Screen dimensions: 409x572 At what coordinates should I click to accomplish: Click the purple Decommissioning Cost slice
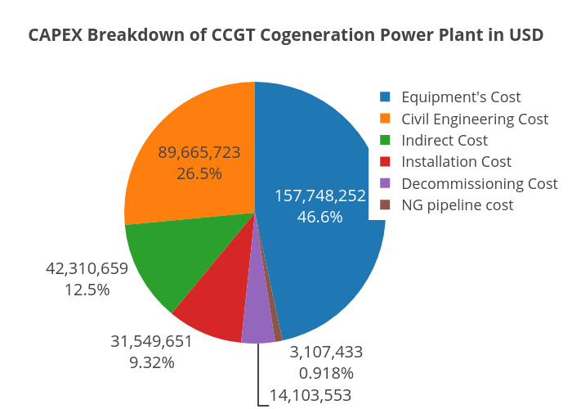coord(257,327)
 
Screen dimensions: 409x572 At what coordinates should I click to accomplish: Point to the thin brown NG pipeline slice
coord(277,331)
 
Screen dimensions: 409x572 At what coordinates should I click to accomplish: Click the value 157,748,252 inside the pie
coord(320,196)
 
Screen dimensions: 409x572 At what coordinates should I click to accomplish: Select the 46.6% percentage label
coord(320,217)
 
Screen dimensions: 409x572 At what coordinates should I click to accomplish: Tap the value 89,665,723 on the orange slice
coord(199,152)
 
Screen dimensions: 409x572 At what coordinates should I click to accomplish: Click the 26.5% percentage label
coord(199,173)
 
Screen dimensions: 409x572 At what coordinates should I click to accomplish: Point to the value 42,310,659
coord(87,268)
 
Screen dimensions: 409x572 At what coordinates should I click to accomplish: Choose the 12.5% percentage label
coord(87,290)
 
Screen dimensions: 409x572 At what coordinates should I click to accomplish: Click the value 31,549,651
coord(152,341)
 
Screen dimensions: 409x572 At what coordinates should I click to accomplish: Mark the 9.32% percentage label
coord(152,362)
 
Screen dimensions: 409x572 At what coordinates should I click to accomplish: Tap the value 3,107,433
coord(326,352)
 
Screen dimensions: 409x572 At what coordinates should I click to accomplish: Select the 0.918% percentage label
coord(326,373)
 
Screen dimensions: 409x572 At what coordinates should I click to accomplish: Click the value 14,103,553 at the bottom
coord(311,396)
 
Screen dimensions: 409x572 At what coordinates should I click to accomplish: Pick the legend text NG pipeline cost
coord(458,205)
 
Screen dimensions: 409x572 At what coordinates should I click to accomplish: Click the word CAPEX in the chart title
coord(56,35)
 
